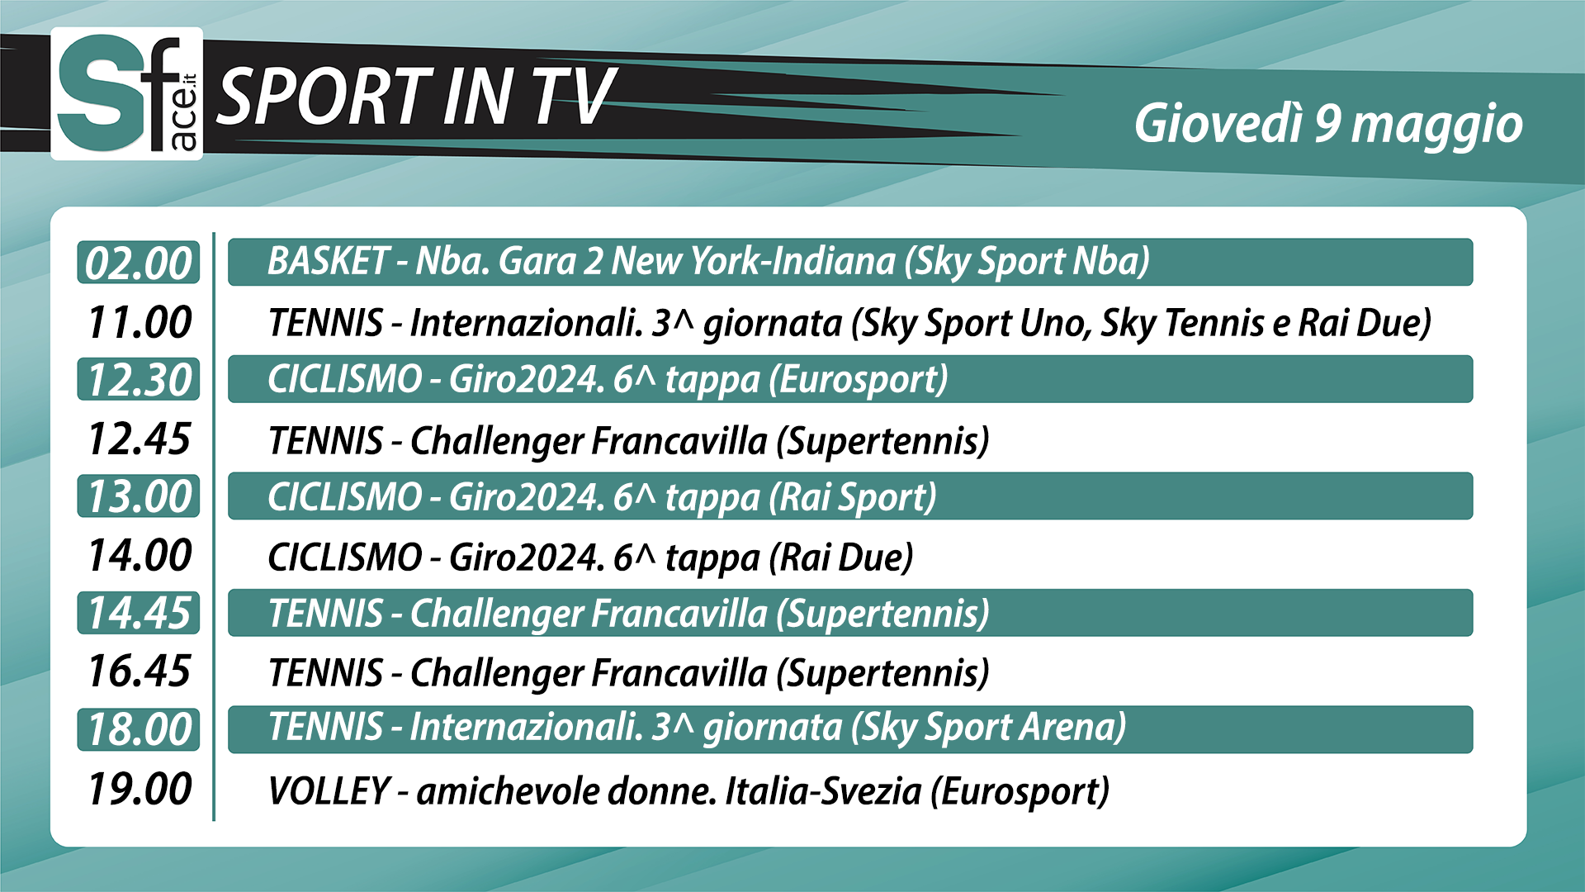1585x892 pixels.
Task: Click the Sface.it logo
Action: (x=126, y=93)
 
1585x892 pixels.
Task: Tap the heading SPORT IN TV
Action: (x=417, y=97)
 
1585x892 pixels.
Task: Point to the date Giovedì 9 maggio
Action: (x=1328, y=125)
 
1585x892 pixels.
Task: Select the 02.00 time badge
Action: (x=139, y=263)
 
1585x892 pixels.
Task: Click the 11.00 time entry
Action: (x=140, y=322)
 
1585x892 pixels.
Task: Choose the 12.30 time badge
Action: (x=139, y=379)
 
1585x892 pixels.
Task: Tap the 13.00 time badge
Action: (x=139, y=496)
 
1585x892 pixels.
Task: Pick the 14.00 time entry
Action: (x=140, y=555)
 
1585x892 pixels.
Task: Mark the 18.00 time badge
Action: (x=139, y=729)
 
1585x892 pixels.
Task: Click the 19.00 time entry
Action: (x=140, y=789)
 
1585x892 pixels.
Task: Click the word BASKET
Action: (x=328, y=261)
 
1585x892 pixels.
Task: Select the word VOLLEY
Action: (x=329, y=790)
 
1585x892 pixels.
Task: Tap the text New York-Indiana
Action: (x=753, y=261)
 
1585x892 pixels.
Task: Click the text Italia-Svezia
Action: (x=823, y=790)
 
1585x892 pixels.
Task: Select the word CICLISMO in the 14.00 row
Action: (x=345, y=557)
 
